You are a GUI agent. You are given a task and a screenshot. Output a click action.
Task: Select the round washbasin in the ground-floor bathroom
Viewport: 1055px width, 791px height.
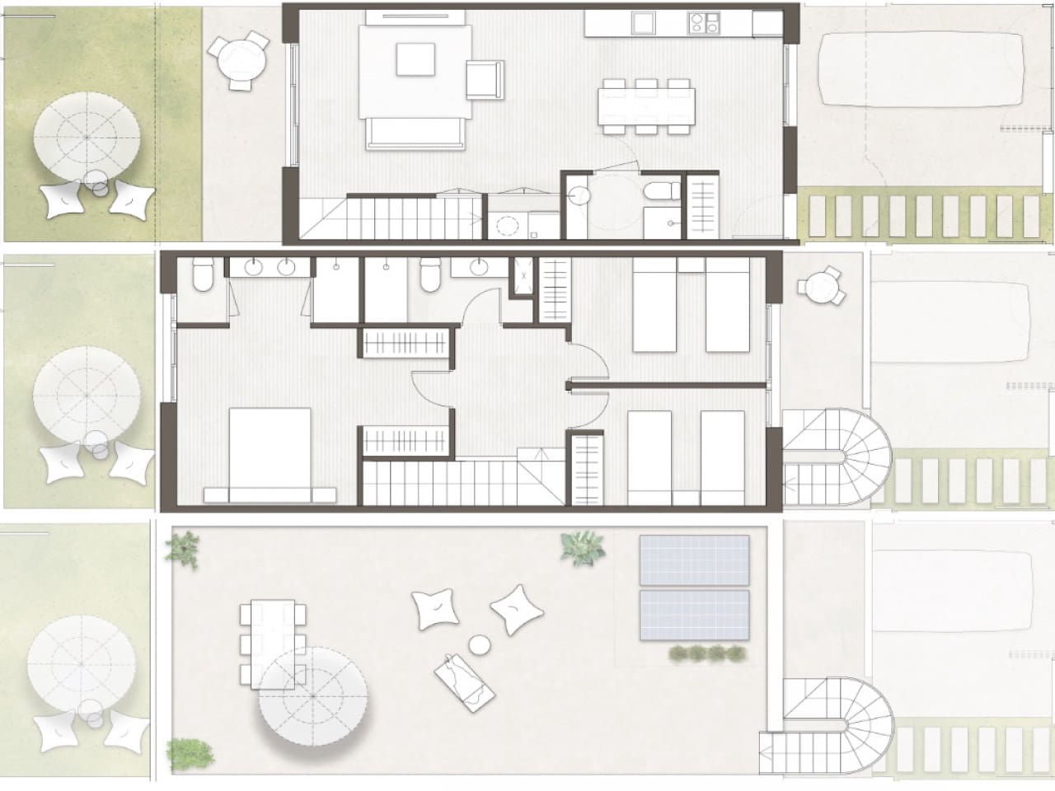coord(579,194)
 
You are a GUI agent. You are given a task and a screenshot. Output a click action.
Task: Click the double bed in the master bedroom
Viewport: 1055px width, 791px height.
coord(270,454)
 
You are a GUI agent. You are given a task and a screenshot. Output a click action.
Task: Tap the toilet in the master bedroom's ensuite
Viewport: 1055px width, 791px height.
coord(202,275)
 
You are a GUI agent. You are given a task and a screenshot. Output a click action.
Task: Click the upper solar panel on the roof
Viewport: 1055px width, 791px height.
coord(695,559)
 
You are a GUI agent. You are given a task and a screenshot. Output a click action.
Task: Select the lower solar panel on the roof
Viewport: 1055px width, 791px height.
coord(695,615)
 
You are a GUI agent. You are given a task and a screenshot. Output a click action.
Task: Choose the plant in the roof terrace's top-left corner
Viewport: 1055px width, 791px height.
coord(185,546)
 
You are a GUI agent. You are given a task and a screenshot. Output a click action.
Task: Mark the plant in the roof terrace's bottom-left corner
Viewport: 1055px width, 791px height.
coord(190,751)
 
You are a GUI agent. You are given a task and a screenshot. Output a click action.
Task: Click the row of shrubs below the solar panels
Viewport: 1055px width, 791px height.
coord(706,654)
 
